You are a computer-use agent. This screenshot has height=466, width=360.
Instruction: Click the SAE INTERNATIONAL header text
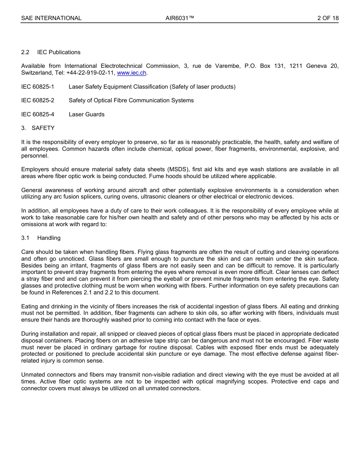click(x=51, y=18)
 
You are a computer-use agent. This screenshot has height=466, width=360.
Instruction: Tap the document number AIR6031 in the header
click(x=180, y=18)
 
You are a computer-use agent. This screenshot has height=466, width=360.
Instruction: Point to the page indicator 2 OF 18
click(x=328, y=18)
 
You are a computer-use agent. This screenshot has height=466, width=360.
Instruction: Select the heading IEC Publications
click(x=59, y=52)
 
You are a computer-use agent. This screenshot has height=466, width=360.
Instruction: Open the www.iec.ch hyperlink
click(x=131, y=73)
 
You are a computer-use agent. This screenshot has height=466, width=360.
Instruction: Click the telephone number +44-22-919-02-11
click(x=90, y=73)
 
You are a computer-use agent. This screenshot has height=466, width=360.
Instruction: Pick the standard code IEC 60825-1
click(x=38, y=87)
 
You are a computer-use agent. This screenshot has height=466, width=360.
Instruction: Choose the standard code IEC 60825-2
click(x=38, y=100)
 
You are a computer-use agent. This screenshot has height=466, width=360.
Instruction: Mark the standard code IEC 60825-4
click(x=38, y=114)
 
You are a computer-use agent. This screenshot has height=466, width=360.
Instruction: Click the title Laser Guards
click(x=86, y=114)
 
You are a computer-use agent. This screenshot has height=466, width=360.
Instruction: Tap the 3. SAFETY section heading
click(x=38, y=128)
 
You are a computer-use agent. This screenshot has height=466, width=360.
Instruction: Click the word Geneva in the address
click(x=316, y=66)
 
